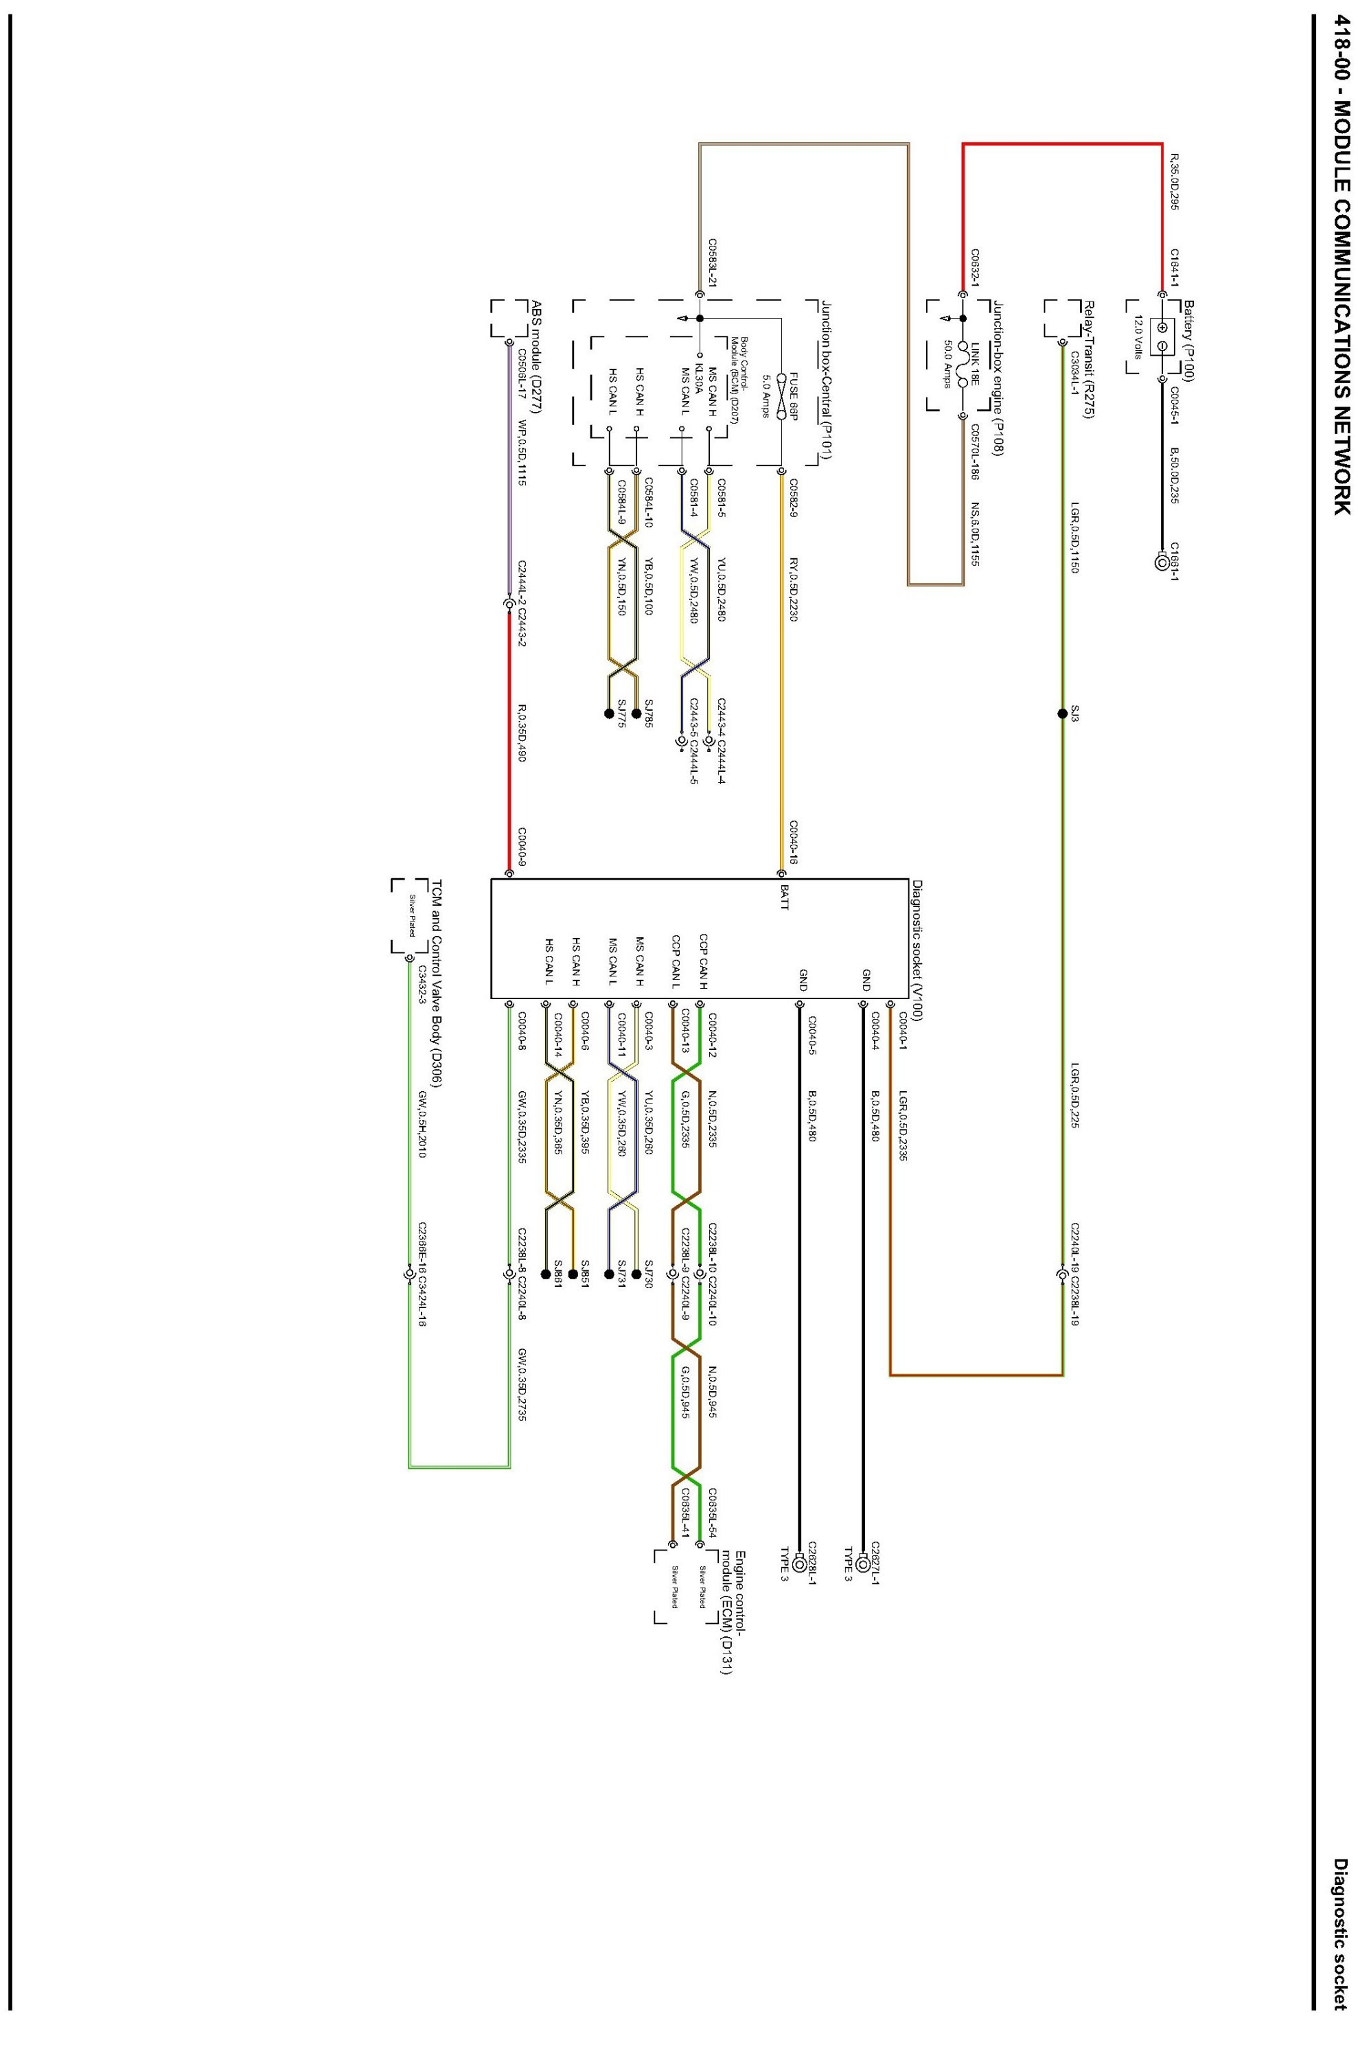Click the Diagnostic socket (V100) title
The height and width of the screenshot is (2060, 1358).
click(917, 950)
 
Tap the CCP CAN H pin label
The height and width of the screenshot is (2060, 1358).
click(703, 961)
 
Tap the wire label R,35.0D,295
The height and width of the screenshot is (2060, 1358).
click(1150, 183)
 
